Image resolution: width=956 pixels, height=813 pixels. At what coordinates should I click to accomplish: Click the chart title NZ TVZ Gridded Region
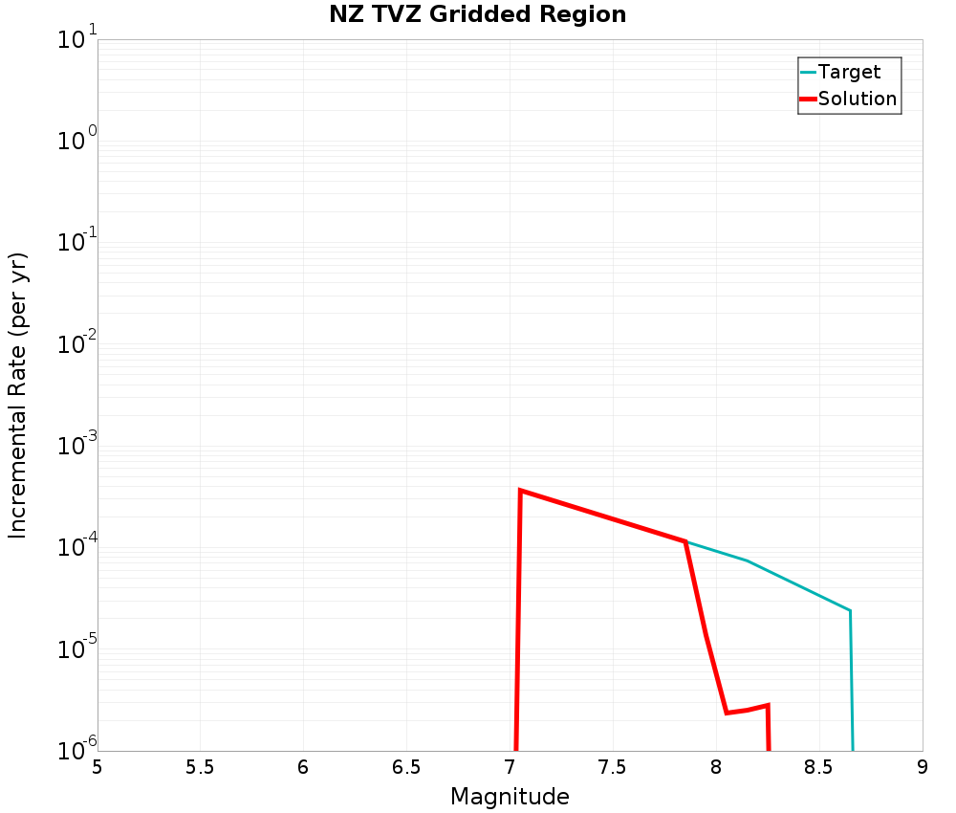pos(478,15)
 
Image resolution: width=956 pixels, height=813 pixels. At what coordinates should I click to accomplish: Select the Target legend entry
pos(849,72)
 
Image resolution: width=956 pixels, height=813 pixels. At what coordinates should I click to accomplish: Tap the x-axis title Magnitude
pos(510,797)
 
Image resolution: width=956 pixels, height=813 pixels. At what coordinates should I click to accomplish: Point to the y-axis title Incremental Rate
pos(18,395)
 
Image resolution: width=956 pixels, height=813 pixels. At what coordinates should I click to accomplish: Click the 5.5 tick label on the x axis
pos(200,767)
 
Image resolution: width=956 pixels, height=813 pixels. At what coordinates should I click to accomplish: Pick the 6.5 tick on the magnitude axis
pos(406,767)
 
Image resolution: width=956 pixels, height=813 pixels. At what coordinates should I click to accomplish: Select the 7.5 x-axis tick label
pos(613,767)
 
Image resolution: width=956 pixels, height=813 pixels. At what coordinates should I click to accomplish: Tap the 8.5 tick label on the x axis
pos(819,767)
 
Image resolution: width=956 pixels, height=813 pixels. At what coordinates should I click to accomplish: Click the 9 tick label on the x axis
pos(923,767)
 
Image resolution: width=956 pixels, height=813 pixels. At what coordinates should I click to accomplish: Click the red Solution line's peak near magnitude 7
pos(520,491)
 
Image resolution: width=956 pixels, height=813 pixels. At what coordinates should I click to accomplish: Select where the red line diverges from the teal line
pos(685,541)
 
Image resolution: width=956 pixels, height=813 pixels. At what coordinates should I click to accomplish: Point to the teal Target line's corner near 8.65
pos(850,610)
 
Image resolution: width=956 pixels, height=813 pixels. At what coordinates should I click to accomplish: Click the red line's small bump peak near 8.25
pos(768,706)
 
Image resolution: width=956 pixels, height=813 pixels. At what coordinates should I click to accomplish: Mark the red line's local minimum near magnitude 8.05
pos(727,713)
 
